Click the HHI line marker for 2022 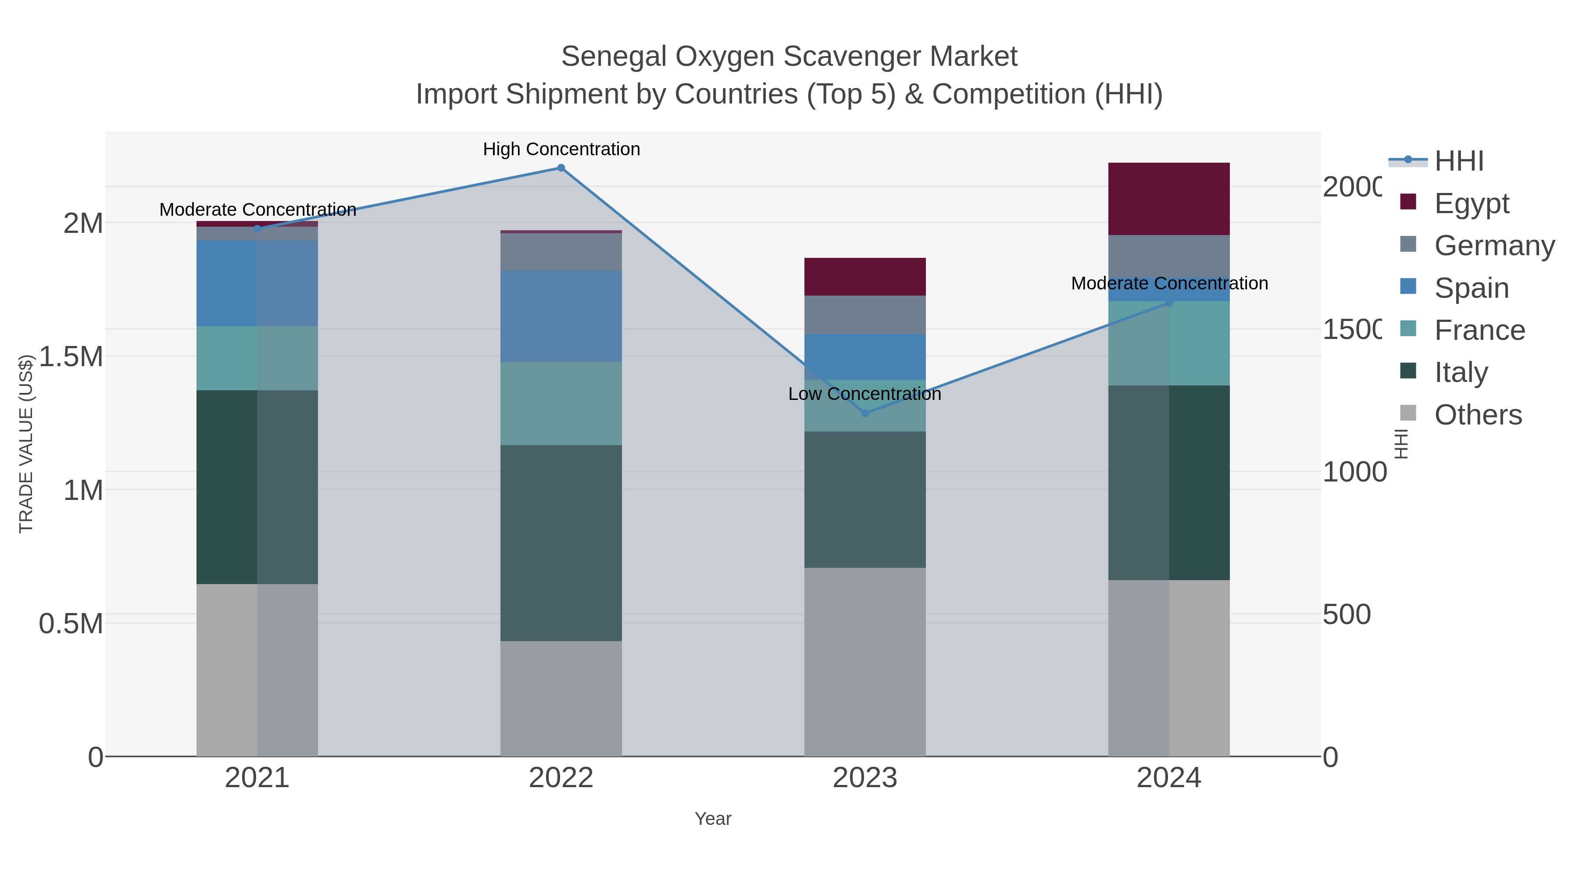click(561, 168)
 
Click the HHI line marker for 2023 click(865, 414)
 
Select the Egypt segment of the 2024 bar click(1169, 199)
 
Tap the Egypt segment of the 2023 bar click(865, 277)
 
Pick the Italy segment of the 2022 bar click(561, 543)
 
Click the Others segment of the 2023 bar click(865, 662)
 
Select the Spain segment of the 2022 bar click(561, 316)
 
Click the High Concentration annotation click(561, 150)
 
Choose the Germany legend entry click(1494, 246)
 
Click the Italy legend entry click(1461, 373)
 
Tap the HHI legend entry click(1459, 161)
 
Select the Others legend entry click(1478, 415)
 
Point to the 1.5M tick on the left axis click(71, 357)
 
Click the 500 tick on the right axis click(1346, 615)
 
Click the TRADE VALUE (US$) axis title click(26, 444)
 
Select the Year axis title click(713, 819)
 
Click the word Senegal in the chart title click(614, 57)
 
